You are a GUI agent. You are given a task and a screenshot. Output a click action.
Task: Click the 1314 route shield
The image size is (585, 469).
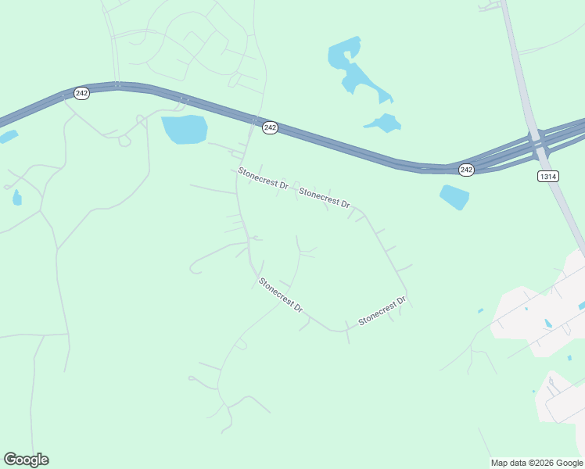548,177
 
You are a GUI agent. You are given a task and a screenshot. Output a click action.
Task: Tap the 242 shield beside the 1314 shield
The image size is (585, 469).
466,170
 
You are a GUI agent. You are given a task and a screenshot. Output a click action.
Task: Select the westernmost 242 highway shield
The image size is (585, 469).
82,93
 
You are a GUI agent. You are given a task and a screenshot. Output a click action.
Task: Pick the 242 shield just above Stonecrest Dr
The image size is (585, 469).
270,127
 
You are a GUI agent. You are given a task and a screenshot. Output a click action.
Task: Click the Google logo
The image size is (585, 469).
26,460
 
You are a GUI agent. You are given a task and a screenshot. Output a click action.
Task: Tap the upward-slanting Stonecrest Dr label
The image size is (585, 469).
382,310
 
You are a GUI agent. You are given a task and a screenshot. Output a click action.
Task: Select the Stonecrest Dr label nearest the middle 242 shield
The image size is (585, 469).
264,180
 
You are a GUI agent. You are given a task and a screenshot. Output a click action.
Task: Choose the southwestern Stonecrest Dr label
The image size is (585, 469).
280,295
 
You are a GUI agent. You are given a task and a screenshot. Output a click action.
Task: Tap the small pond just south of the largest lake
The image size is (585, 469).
384,124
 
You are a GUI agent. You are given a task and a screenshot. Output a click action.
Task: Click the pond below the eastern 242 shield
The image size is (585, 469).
454,196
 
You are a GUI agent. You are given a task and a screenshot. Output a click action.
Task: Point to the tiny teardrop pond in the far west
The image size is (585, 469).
17,198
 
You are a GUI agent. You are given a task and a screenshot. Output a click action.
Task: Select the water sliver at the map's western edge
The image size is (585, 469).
7,138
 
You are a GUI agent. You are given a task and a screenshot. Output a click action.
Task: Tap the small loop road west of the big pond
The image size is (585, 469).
124,141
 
